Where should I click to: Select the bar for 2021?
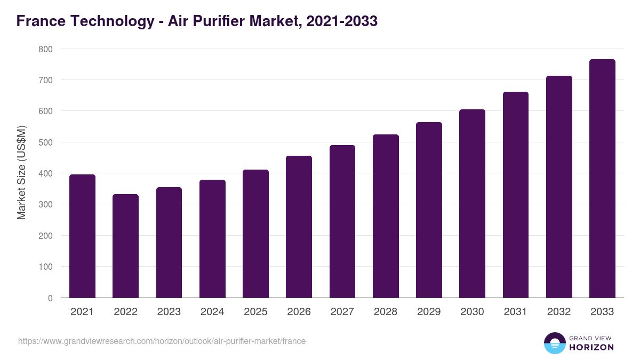[82, 236]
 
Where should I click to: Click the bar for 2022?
[125, 246]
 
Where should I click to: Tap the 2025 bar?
[255, 234]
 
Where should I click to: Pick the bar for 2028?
[386, 216]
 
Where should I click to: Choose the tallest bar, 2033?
[602, 179]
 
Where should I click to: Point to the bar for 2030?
[472, 204]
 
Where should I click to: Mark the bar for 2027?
[342, 221]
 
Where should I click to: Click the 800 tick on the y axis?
[46, 49]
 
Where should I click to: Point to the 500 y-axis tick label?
[46, 142]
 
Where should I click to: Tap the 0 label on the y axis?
[50, 298]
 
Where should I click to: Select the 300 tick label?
[46, 205]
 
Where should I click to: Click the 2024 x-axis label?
[212, 312]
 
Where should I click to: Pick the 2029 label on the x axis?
[429, 312]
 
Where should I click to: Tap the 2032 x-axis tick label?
[559, 312]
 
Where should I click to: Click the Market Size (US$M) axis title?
[21, 173]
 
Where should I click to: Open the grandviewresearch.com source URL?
[162, 341]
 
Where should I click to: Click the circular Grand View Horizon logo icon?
[554, 343]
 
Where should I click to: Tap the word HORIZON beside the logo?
[591, 347]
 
